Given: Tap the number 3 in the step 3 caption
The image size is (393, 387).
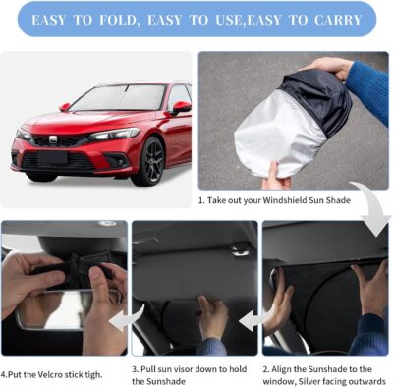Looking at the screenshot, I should click(136, 370).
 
